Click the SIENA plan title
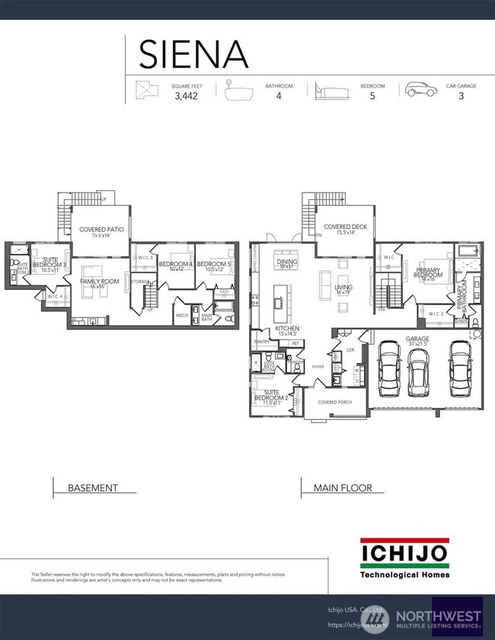coord(193,53)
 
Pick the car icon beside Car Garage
coord(420,91)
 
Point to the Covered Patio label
coord(101,231)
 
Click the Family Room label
coord(97,284)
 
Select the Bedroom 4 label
coord(175,266)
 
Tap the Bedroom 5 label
coord(214,266)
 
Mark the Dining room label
coord(287,263)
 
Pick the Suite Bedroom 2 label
coord(273,400)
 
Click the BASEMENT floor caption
coord(93,488)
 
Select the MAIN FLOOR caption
coord(343,488)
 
